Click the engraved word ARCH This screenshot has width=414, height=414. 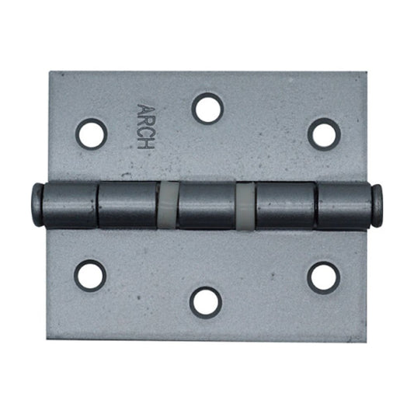tap(145, 127)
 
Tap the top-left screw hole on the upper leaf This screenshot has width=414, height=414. tap(92, 134)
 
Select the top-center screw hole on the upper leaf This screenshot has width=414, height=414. tap(207, 109)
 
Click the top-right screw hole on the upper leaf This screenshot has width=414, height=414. tap(324, 134)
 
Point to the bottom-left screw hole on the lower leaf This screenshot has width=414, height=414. tap(90, 276)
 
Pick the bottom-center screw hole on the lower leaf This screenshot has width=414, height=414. tap(206, 303)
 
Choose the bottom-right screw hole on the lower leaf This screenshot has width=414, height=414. tap(323, 278)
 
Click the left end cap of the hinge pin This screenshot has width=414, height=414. tap(37, 204)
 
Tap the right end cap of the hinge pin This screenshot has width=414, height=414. tap(377, 205)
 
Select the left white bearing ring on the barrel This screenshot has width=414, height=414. tap(168, 205)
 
